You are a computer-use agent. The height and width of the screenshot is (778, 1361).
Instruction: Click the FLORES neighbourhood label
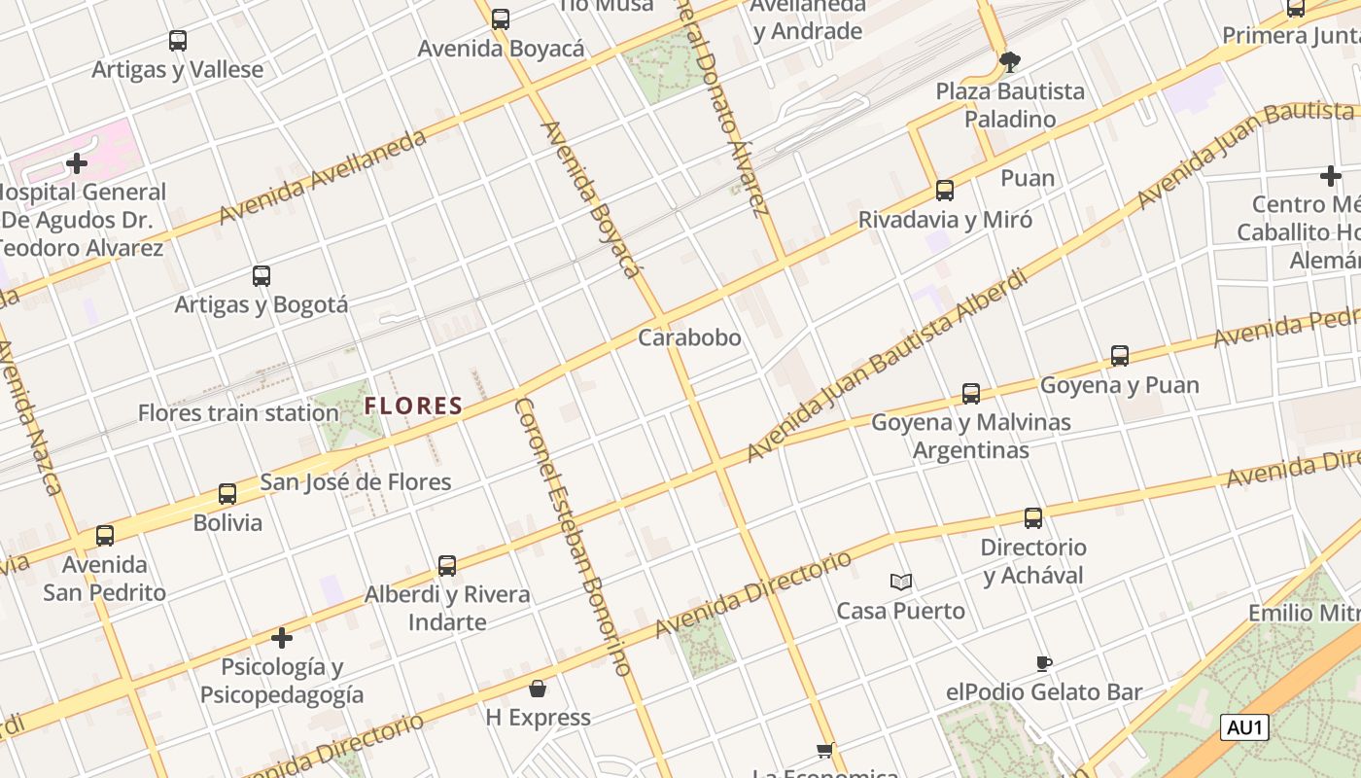[413, 406]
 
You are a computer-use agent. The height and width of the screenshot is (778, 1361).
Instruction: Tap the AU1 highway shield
[1245, 726]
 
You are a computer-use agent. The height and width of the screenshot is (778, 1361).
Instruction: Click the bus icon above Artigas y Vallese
[177, 41]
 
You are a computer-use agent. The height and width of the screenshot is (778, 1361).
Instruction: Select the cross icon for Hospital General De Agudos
[77, 163]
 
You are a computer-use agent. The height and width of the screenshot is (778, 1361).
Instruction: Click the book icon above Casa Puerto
[901, 582]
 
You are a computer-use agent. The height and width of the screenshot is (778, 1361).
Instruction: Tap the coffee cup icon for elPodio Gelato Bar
[1044, 663]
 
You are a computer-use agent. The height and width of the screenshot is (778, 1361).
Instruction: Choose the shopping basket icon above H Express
[538, 689]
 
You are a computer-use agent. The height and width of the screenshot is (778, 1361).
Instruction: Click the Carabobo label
[689, 337]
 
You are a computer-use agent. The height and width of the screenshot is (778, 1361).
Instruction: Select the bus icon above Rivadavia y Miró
[945, 191]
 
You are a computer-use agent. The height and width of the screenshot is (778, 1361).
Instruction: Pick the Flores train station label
[238, 412]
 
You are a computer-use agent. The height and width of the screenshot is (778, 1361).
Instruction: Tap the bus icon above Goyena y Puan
[1120, 356]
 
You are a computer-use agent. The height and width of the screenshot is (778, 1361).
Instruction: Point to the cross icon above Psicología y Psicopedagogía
[282, 638]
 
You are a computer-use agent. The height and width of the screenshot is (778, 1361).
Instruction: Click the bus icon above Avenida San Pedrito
[105, 536]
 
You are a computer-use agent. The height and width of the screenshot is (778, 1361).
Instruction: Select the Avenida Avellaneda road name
[323, 176]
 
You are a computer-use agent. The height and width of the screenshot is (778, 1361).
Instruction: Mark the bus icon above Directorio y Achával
[1033, 518]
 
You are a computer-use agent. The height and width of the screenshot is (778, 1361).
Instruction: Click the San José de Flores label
[356, 481]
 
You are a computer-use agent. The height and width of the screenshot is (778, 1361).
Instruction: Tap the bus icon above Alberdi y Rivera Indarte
[447, 565]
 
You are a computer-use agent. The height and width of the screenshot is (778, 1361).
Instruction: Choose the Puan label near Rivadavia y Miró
[1028, 178]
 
